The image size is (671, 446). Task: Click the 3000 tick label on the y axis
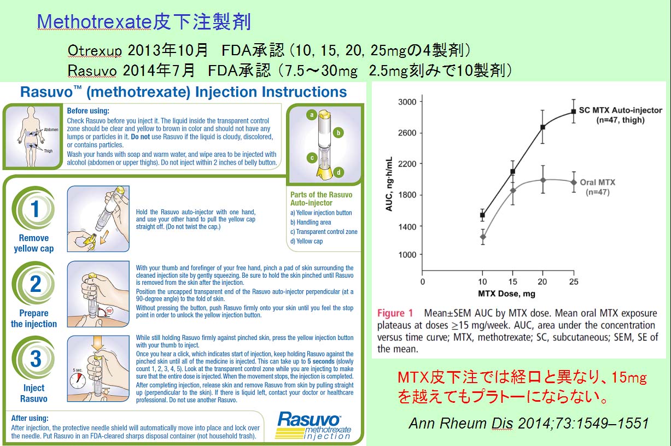click(x=407, y=102)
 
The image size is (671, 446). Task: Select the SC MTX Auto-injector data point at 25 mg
click(x=573, y=111)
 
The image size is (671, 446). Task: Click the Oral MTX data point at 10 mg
click(x=483, y=237)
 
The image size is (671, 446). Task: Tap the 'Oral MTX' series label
click(x=597, y=183)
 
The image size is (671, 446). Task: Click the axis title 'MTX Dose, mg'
click(x=506, y=294)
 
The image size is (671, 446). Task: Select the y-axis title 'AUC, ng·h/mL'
click(x=389, y=184)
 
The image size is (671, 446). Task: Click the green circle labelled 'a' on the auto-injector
click(x=312, y=115)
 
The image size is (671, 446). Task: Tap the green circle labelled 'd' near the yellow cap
click(x=339, y=172)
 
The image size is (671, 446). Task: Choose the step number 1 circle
click(x=34, y=209)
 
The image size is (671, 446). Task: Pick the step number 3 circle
click(x=34, y=359)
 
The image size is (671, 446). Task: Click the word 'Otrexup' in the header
click(x=95, y=50)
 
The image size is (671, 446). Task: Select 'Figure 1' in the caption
click(x=395, y=313)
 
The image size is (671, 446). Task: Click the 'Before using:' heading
click(x=88, y=111)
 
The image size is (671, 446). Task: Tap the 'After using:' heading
click(x=30, y=418)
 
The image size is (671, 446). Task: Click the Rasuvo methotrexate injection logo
click(x=313, y=425)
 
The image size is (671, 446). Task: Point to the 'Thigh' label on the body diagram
click(x=48, y=151)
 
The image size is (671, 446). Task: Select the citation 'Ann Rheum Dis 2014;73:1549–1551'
click(x=529, y=423)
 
